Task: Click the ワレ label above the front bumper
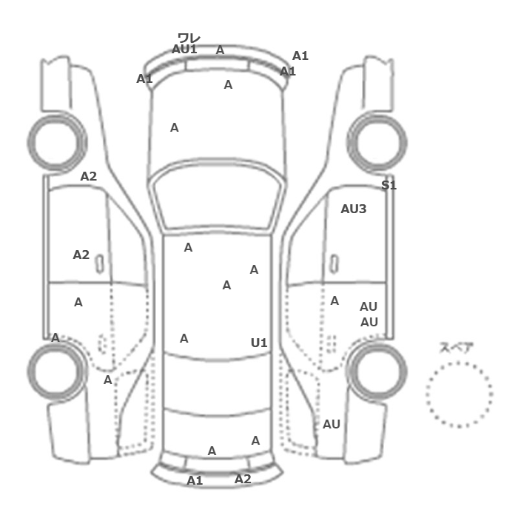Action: tap(189, 38)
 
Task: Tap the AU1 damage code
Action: tap(184, 49)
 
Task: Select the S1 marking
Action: tap(388, 185)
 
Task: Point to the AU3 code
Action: tap(353, 209)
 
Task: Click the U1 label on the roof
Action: tap(258, 343)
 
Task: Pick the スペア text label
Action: tap(457, 347)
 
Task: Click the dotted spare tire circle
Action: tap(459, 394)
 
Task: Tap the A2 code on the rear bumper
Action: tap(243, 479)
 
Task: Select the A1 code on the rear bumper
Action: tap(195, 480)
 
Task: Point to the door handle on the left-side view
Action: tap(99, 263)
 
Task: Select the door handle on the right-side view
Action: tap(334, 263)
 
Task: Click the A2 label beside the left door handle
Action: tap(81, 255)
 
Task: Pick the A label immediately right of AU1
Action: tap(220, 50)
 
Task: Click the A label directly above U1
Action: tap(254, 270)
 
